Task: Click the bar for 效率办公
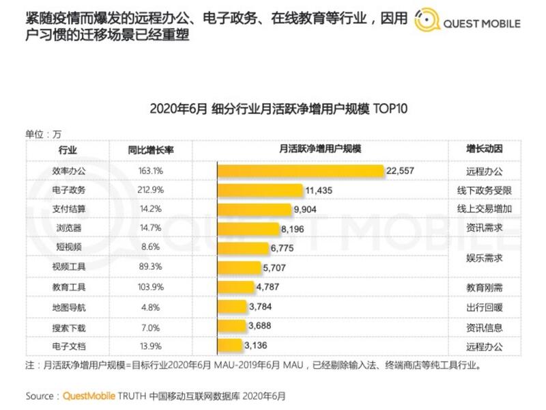point(300,171)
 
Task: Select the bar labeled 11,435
point(260,189)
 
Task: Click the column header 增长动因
point(485,150)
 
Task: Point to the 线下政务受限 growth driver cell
point(485,189)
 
